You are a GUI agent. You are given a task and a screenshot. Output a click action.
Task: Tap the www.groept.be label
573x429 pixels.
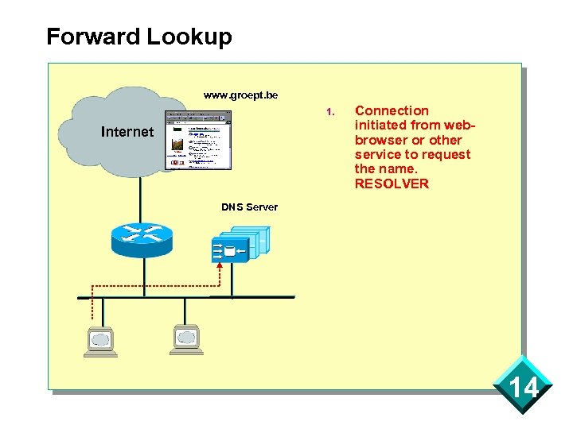click(240, 95)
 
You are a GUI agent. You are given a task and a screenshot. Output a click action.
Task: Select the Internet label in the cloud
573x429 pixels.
click(127, 132)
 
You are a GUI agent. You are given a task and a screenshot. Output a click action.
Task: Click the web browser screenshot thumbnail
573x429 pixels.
click(198, 140)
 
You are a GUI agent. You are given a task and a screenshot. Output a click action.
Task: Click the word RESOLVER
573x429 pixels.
click(392, 184)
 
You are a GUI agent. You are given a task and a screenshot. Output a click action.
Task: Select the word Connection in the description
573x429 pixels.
click(392, 111)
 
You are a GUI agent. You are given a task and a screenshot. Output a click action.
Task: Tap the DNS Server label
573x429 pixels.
click(249, 207)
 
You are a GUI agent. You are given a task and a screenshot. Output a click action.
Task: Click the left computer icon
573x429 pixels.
click(101, 341)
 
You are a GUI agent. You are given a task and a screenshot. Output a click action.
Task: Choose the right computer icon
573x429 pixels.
click(185, 339)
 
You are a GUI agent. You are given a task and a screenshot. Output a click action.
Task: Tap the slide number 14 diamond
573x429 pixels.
click(523, 388)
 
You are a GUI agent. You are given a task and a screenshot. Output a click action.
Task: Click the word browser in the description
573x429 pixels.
click(380, 141)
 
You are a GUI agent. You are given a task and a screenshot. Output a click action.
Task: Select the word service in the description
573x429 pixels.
click(380, 155)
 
